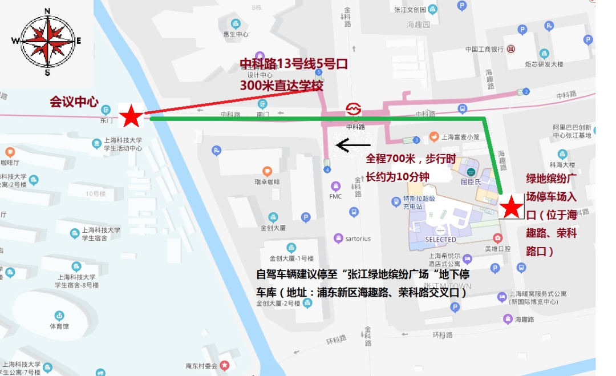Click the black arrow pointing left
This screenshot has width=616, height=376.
(x=350, y=145)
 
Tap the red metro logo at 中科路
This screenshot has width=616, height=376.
(x=353, y=109)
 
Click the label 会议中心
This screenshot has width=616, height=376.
(x=74, y=102)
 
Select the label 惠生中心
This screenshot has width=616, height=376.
(x=236, y=34)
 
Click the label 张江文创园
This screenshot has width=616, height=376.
(x=410, y=10)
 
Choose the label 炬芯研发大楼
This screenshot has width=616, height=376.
(x=544, y=64)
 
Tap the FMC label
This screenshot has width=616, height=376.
(x=335, y=196)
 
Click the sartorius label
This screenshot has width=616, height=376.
(x=358, y=238)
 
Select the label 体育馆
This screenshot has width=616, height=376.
(x=59, y=326)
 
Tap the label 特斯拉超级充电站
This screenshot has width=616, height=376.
(x=414, y=202)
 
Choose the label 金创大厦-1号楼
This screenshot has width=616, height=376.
(x=291, y=257)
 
